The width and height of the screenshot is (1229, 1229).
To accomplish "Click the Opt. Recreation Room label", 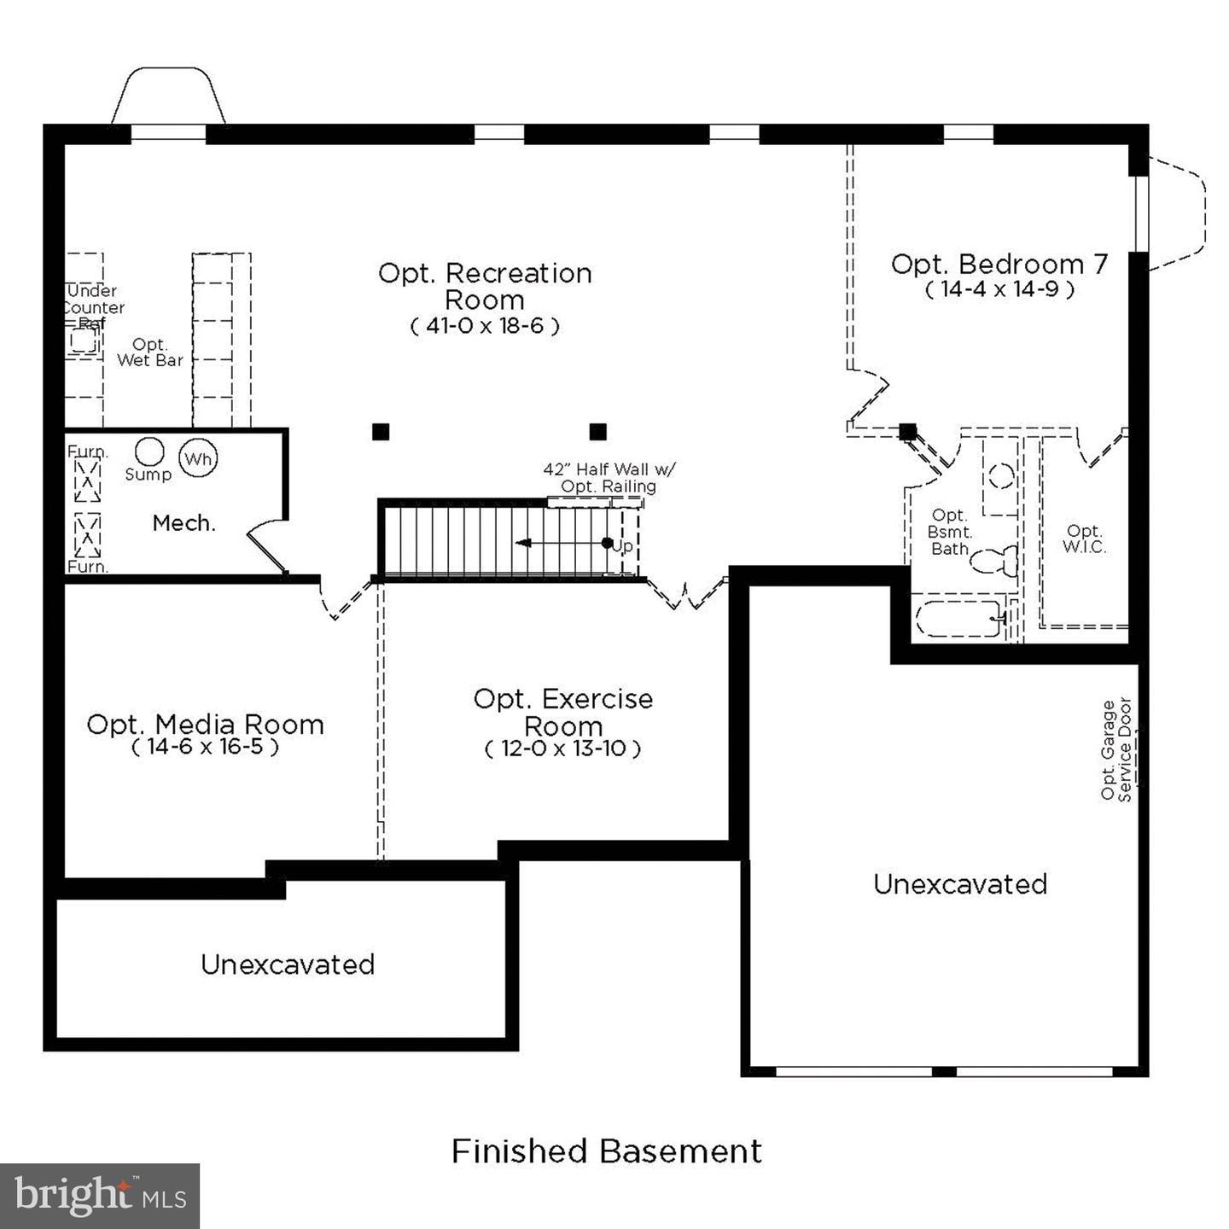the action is (485, 287).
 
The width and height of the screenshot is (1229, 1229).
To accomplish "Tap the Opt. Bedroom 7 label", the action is (999, 264).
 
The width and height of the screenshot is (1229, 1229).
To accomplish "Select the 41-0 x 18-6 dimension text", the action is (485, 327).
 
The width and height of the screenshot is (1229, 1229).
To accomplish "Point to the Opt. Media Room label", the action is (205, 725).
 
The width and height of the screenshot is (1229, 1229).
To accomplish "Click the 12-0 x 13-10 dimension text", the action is (562, 748).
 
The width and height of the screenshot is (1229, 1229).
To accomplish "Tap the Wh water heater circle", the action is (198, 458).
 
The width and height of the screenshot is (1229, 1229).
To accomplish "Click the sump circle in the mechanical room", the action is (149, 451).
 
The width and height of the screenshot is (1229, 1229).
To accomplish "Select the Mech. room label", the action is (183, 523).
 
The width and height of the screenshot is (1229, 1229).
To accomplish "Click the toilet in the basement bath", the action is (993, 561).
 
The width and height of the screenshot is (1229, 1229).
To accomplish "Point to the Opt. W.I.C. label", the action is (1084, 539).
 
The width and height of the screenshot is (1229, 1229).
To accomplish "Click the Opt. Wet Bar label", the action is (150, 352).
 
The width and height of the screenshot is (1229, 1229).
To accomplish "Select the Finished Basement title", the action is (607, 1151).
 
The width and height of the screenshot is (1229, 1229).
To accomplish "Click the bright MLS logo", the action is (100, 1196).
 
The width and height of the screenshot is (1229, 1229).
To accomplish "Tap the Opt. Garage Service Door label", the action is (1115, 750).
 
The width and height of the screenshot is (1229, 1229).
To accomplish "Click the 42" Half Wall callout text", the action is (609, 478).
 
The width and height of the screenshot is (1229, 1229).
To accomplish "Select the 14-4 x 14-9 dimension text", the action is (999, 289).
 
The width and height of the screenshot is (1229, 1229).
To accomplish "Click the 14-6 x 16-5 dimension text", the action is (205, 746).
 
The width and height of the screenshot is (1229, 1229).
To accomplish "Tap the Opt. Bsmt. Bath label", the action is (950, 532).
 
